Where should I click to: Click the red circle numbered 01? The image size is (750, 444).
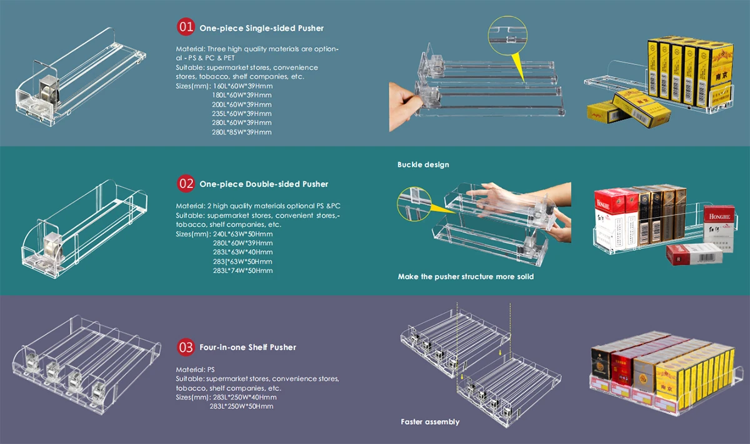click(x=187, y=28)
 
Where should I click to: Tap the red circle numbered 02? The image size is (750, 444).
click(x=187, y=184)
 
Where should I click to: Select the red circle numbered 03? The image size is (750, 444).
click(x=187, y=347)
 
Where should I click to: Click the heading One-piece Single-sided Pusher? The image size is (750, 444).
click(x=261, y=28)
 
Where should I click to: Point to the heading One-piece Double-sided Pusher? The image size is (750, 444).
click(x=263, y=184)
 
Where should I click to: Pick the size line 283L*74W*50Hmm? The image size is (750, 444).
click(x=243, y=271)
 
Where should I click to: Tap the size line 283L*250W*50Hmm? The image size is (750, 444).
click(x=241, y=406)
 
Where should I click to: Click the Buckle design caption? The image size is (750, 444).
click(x=423, y=165)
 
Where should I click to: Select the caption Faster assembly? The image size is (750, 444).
click(x=430, y=422)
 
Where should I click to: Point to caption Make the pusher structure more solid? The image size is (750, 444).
click(x=466, y=276)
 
